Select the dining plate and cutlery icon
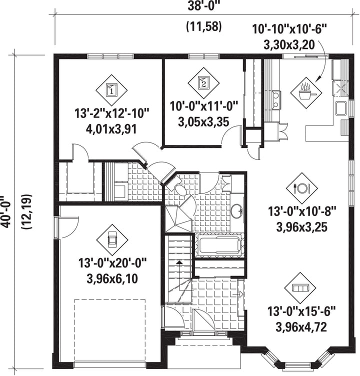[x=302, y=188]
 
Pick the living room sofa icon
[x=300, y=287]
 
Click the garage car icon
[x=112, y=239]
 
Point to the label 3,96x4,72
[x=301, y=327]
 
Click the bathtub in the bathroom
[x=219, y=245]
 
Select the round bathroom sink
[x=237, y=211]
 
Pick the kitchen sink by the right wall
[x=341, y=108]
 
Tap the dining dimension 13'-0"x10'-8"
[x=302, y=211]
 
